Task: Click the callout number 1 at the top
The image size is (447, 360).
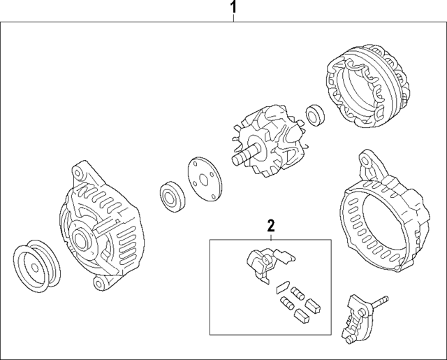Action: point(233,8)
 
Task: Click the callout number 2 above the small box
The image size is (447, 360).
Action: point(271,225)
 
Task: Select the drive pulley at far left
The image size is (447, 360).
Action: point(36,266)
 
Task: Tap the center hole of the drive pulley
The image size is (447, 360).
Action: point(35,268)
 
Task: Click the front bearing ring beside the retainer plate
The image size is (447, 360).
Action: point(173,196)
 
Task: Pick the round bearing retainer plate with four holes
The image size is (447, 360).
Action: point(205,178)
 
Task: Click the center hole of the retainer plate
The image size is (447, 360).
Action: point(203,180)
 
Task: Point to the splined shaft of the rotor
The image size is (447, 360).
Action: point(244,154)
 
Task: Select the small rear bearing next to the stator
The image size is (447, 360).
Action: point(315,115)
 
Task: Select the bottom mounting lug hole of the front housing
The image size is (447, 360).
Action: point(98,284)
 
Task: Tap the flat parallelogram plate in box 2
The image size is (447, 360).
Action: point(283,287)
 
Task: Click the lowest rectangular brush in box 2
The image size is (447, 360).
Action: point(301,316)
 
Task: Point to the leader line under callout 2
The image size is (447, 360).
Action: point(271,236)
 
